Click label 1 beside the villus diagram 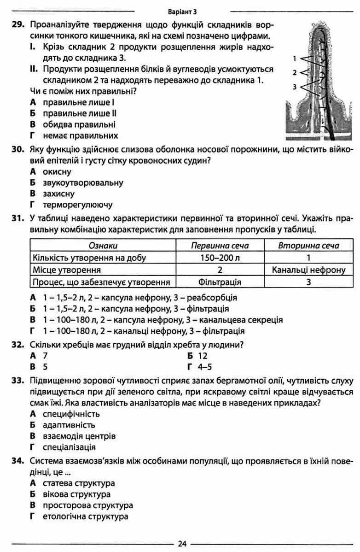coord(295,59)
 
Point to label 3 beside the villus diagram coord(295,86)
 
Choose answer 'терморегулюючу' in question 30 coord(77,205)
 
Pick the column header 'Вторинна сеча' coord(308,246)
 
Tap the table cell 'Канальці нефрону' coord(308,270)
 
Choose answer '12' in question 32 coord(203,356)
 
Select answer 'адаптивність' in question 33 coord(69,424)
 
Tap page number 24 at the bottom coord(181,544)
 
